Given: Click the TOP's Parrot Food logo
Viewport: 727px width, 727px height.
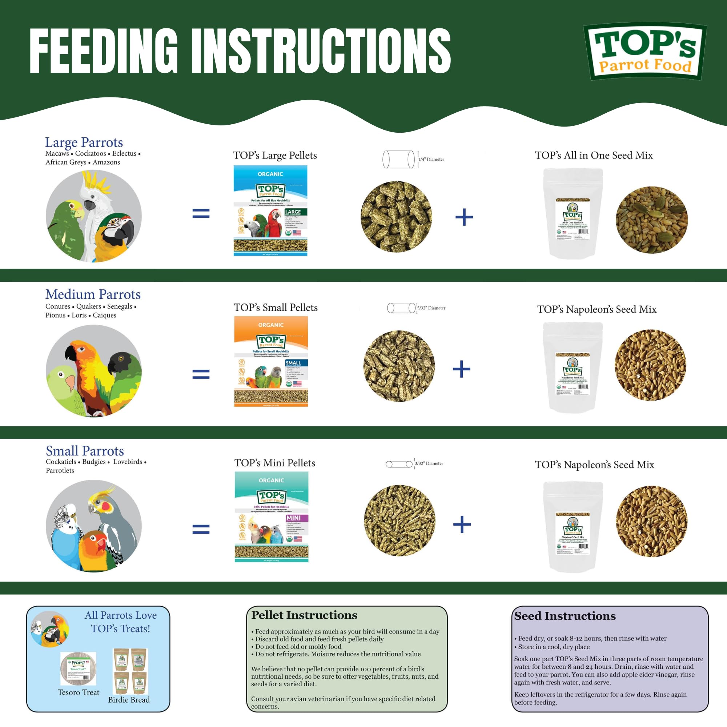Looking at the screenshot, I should pos(644,52).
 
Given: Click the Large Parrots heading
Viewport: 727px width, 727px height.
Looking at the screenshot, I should pos(84,142).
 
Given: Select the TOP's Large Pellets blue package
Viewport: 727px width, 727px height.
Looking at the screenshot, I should pos(270,211).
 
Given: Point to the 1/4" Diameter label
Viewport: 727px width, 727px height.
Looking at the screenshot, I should pos(431,160).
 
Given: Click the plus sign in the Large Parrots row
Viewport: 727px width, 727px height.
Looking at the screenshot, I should pos(464,217).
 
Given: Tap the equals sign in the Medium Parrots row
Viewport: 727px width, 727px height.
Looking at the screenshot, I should pos(201,374).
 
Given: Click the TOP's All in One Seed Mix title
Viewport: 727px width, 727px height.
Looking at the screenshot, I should pos(594,156).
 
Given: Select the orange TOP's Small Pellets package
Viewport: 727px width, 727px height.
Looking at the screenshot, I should pos(271,361).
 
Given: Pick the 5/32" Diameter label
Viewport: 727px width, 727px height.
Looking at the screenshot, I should pos(431,308).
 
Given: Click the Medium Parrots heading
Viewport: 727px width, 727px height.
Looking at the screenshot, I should pos(93,294).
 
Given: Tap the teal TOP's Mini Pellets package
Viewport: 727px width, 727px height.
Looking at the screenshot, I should pos(271,517).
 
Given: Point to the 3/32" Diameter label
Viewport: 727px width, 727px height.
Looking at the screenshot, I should pos(429,463).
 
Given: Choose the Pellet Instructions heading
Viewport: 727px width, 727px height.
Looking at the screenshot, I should pos(304,615).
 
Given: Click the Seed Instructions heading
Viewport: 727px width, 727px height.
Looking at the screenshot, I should pos(565,616).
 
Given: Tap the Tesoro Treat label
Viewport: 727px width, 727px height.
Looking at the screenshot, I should pos(78,692).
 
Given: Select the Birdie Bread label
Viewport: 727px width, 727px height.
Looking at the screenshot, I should pos(129,699).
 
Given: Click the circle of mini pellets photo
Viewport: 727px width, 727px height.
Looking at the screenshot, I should pos(399,521).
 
